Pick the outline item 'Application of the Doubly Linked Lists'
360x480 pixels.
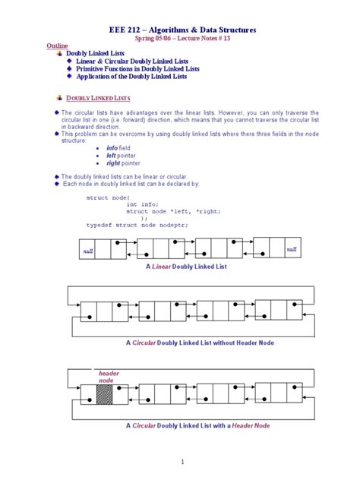pyautogui.click(x=131, y=76)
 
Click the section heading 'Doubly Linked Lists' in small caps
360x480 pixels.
pyautogui.click(x=99, y=98)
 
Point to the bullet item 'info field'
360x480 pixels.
pyautogui.click(x=118, y=147)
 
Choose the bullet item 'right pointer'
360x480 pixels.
pyautogui.click(x=123, y=163)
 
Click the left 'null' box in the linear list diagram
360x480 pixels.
pyautogui.click(x=88, y=250)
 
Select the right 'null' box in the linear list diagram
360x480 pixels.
pyautogui.click(x=292, y=249)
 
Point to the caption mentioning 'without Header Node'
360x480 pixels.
pyautogui.click(x=200, y=343)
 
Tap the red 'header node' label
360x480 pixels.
pyautogui.click(x=109, y=377)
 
